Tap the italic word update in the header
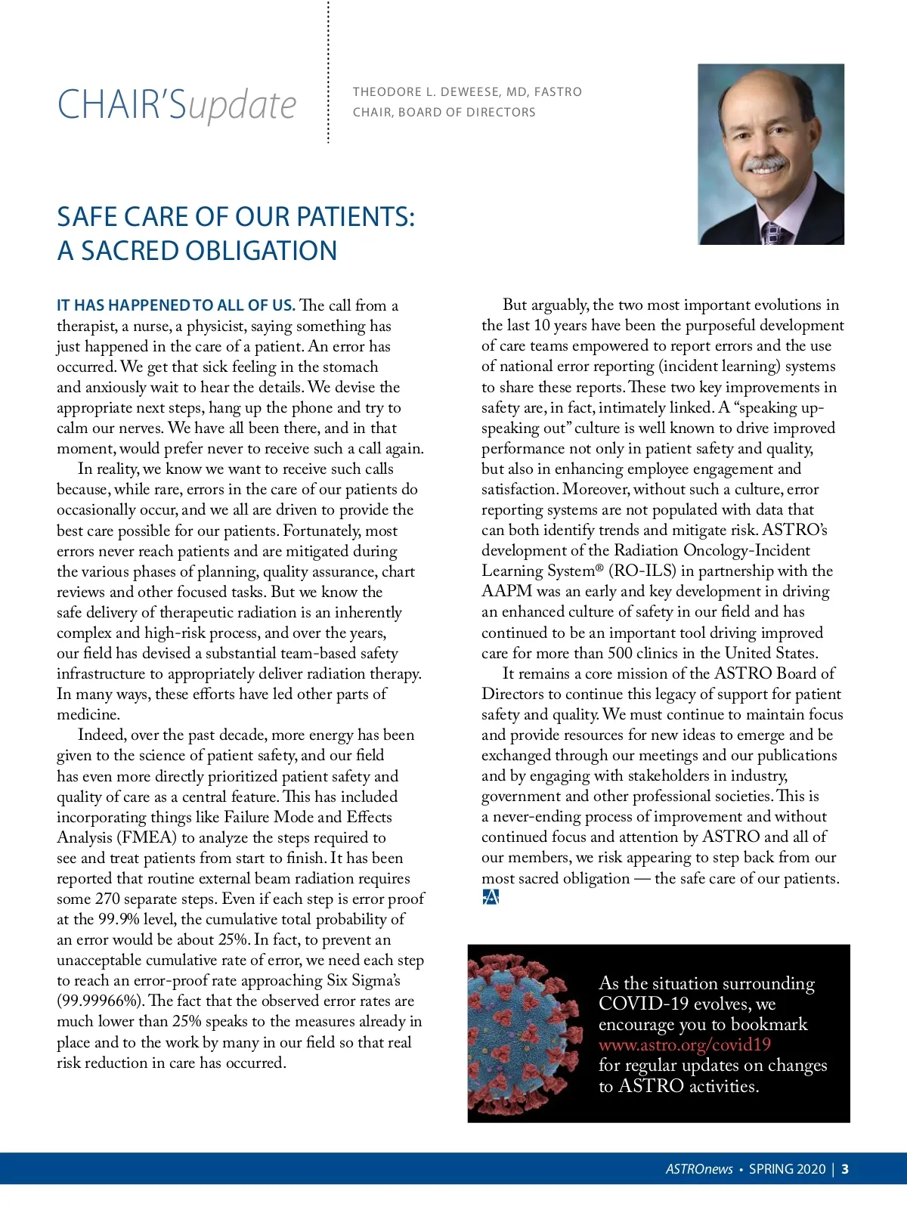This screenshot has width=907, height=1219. click(x=242, y=106)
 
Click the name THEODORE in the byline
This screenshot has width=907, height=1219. click(x=387, y=92)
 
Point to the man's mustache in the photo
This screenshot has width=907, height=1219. click(x=765, y=164)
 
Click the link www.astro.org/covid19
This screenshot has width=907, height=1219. click(x=684, y=1045)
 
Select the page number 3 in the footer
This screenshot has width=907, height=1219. click(x=845, y=1169)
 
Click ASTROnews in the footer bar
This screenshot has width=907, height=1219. click(x=698, y=1169)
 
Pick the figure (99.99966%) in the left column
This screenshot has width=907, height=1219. click(x=100, y=1001)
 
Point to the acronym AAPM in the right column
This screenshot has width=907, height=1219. click(x=506, y=592)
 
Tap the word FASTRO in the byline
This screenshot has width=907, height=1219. click(x=558, y=92)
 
